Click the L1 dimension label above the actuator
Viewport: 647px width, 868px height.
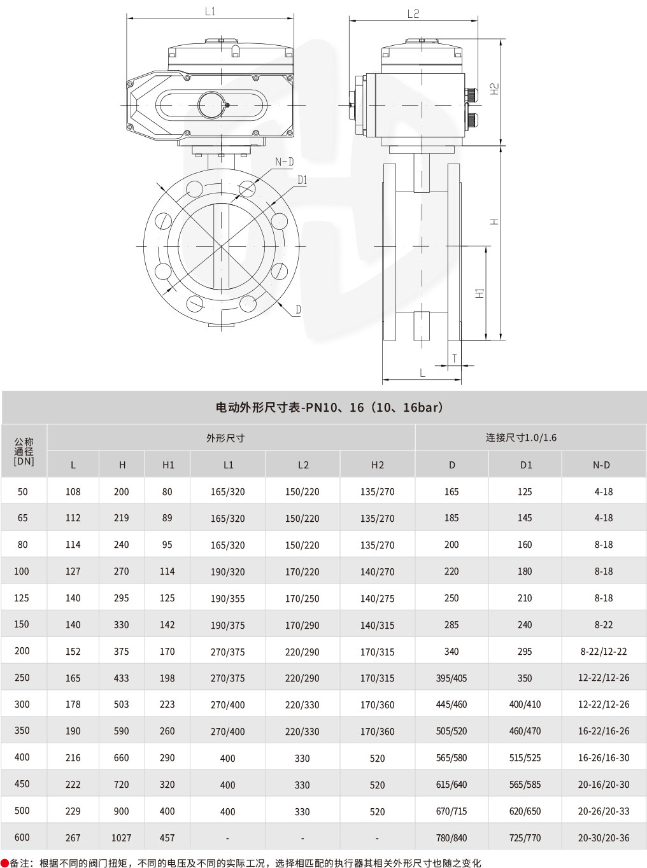[x=210, y=11]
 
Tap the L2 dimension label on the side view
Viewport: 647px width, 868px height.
[x=413, y=13]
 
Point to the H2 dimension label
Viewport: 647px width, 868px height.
[x=494, y=89]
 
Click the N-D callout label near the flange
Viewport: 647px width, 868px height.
[x=284, y=162]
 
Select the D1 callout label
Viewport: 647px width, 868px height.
[x=302, y=181]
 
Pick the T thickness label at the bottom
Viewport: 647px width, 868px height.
[x=454, y=359]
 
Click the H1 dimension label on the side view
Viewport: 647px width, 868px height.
[x=480, y=293]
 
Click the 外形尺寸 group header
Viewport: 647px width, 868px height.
[x=225, y=438]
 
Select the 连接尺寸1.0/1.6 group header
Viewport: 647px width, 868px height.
[x=521, y=437]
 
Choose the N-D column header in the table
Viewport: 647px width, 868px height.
[x=601, y=465]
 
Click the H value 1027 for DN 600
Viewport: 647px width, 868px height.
[x=121, y=838]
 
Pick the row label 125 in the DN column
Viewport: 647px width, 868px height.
[x=22, y=598]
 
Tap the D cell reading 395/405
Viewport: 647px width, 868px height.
[x=451, y=678]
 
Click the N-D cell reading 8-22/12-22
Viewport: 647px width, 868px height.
[x=603, y=652]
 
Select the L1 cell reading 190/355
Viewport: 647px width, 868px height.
[x=227, y=599]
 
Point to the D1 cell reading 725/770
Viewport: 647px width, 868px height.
[x=525, y=838]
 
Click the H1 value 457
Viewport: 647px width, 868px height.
[x=167, y=838]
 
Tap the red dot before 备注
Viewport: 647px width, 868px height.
[x=4, y=863]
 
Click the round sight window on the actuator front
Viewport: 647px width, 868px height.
[x=210, y=105]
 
